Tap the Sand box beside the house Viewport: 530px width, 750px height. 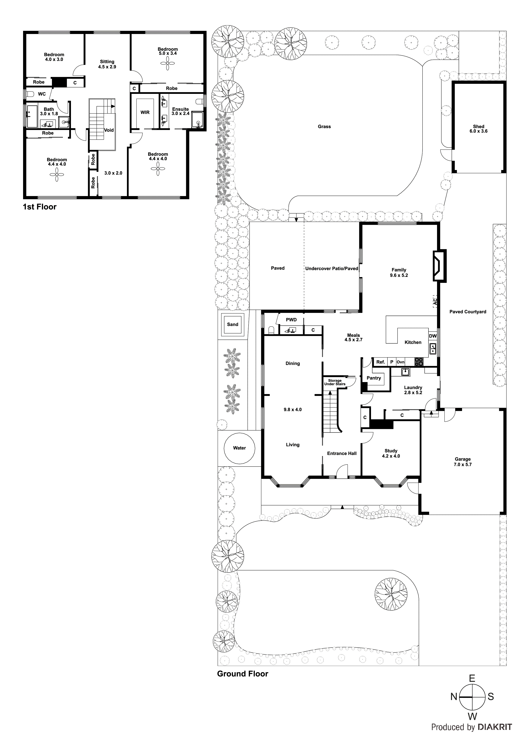point(233,324)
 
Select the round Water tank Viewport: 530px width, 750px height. point(239,448)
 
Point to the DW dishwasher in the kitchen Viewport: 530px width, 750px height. point(433,336)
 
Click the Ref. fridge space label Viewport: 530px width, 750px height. point(380,362)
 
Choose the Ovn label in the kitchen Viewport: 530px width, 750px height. point(400,362)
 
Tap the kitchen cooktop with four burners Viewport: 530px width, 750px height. point(419,362)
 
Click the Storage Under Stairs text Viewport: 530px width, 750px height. point(335,382)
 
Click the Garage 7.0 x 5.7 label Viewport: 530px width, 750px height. point(462,462)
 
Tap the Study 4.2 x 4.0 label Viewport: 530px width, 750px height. point(391,453)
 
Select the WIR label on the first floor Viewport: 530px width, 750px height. point(145,112)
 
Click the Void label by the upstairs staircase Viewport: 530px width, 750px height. point(109,130)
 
